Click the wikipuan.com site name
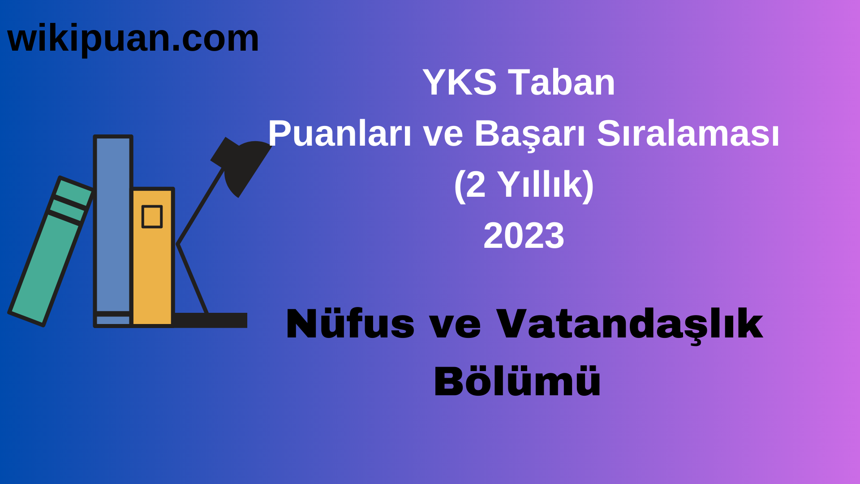(133, 39)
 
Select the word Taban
(563, 82)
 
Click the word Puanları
(340, 134)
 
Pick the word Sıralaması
(688, 134)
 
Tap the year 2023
(524, 235)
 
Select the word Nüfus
(350, 324)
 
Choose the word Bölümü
(517, 381)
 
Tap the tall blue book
(113, 224)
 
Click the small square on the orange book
(152, 217)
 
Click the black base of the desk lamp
(211, 320)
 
